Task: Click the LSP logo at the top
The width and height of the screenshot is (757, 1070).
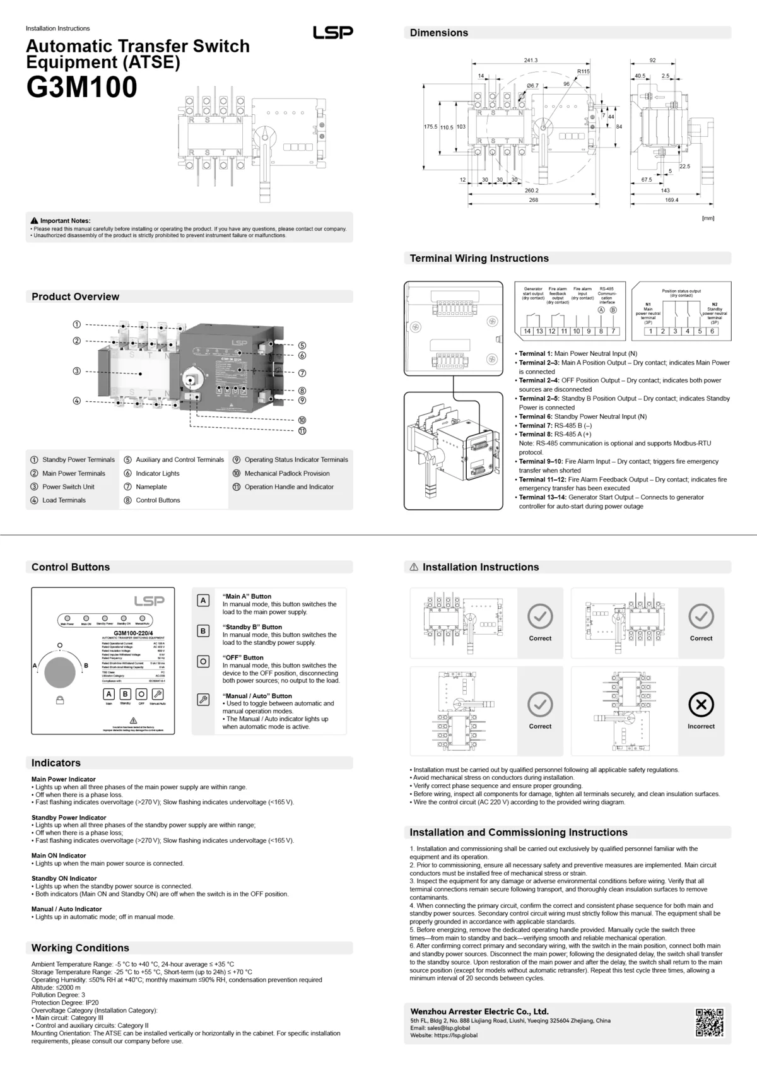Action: tap(332, 32)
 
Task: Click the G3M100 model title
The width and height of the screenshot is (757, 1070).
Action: tap(81, 87)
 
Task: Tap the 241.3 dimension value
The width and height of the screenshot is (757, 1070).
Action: tap(531, 60)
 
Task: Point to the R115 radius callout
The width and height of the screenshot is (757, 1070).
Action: tap(584, 72)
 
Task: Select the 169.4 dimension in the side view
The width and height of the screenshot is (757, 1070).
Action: tap(671, 200)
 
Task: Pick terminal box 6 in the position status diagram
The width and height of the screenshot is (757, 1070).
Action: tap(712, 331)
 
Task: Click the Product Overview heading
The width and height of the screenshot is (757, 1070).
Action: tap(75, 297)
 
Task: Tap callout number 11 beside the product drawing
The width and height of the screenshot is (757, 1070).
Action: tap(302, 431)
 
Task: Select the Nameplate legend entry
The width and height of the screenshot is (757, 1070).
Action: tap(151, 486)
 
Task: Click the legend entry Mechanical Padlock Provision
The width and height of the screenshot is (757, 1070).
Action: tap(287, 473)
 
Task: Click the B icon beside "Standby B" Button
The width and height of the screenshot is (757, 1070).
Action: tap(203, 631)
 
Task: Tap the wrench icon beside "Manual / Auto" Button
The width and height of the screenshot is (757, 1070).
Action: tap(203, 700)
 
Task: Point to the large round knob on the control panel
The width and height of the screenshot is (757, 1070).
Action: tap(60, 672)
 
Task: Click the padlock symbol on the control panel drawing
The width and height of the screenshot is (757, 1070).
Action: tap(59, 700)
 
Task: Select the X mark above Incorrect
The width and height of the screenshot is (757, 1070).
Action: tap(701, 705)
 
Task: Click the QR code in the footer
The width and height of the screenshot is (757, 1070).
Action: tap(710, 1023)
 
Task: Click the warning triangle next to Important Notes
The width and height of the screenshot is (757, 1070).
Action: tap(34, 221)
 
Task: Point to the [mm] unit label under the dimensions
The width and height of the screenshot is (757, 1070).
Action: tap(708, 218)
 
